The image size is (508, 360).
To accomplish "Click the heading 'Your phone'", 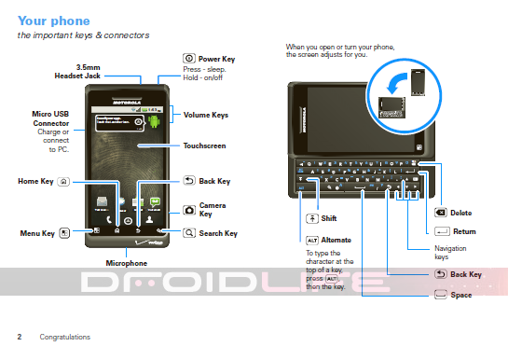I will [53, 20].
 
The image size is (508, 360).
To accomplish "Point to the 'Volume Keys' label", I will [206, 116].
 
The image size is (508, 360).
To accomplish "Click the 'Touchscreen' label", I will [204, 146].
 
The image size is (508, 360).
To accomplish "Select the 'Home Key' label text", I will [35, 181].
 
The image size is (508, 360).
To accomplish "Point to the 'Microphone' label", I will [127, 264].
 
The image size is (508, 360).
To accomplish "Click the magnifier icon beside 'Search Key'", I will [189, 233].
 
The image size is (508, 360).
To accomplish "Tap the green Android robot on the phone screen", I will [155, 120].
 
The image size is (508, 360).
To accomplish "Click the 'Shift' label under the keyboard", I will [328, 218].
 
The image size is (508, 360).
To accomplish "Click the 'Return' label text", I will [463, 231].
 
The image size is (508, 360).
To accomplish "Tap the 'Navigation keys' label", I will [450, 252].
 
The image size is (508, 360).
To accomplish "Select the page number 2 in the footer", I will [19, 337].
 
